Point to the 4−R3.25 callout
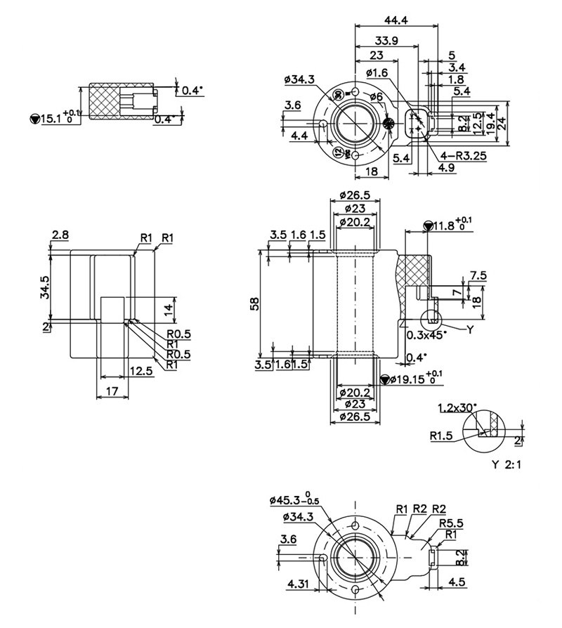[x=464, y=156]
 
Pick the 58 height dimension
[x=254, y=303]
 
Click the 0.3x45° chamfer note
[x=427, y=334]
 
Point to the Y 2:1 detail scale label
[x=508, y=464]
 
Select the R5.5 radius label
[x=450, y=523]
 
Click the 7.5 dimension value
[x=478, y=275]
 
